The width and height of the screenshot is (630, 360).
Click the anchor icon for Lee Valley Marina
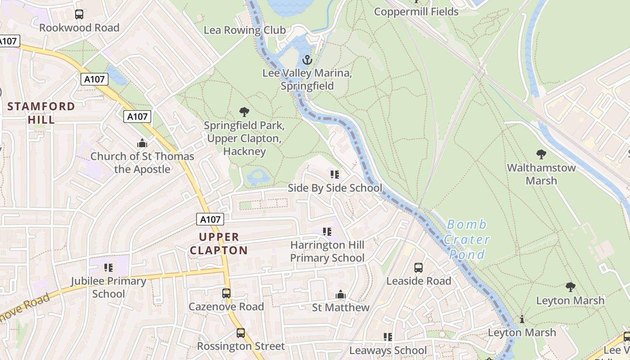[307, 60]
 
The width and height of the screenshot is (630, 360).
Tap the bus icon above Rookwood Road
[79, 14]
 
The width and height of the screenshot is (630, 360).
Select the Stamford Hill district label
[41, 113]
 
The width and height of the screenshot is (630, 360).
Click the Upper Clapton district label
[219, 243]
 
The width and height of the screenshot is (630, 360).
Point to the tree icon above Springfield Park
[244, 112]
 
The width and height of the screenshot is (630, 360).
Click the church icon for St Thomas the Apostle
[142, 144]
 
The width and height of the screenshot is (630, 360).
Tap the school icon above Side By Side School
[334, 175]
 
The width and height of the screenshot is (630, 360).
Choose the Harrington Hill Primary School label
[327, 252]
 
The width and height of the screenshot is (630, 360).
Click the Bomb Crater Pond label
[467, 239]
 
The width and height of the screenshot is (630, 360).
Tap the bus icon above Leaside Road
[418, 268]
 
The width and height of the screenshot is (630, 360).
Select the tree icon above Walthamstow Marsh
[541, 154]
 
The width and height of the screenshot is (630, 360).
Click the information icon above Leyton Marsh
[522, 319]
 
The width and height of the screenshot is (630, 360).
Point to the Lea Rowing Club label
[245, 30]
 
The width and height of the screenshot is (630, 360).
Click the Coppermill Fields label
[416, 12]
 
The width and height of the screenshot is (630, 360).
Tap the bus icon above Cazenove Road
[226, 293]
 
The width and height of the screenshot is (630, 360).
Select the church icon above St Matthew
[341, 295]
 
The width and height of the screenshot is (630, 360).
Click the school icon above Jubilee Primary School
[108, 268]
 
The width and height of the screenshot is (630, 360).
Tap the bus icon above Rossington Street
[241, 333]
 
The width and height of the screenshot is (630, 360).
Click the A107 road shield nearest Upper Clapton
[210, 220]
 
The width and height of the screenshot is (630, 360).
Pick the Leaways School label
[388, 350]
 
